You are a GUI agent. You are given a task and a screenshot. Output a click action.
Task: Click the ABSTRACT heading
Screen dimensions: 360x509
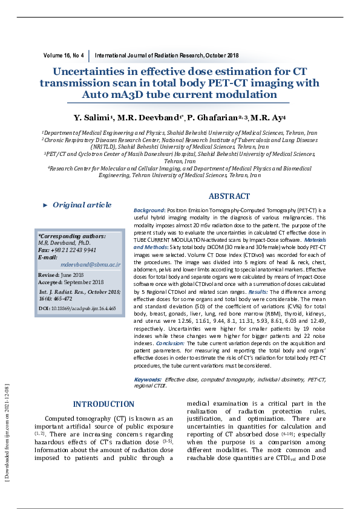click(x=229, y=196)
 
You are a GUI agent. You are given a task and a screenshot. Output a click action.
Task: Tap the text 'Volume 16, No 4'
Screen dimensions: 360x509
click(x=64, y=56)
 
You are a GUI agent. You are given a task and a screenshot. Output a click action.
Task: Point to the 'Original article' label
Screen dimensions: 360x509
click(x=82, y=205)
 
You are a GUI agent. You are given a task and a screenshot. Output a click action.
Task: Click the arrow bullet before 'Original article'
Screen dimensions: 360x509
click(x=45, y=206)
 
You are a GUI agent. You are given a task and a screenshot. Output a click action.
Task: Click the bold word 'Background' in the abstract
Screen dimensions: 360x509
click(x=149, y=210)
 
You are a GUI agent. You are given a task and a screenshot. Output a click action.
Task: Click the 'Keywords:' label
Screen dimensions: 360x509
click(x=147, y=379)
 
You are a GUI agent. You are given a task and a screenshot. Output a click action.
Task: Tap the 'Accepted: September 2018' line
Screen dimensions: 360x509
click(x=71, y=282)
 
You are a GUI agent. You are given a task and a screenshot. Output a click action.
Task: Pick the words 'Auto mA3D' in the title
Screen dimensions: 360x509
click(x=111, y=95)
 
